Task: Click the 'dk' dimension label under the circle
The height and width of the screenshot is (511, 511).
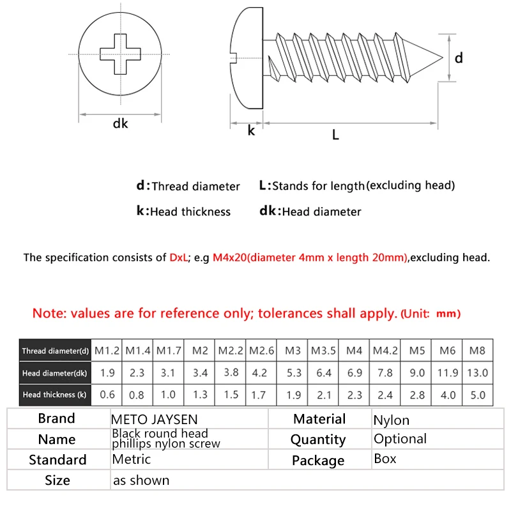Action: [121, 124]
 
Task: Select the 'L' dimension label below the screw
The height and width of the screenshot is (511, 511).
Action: [335, 134]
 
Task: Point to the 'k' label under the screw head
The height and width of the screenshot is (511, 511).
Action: [251, 130]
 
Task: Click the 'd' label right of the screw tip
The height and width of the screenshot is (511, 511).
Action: [459, 57]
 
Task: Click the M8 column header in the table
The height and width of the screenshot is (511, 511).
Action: [477, 350]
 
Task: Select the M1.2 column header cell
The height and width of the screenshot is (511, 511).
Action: [107, 350]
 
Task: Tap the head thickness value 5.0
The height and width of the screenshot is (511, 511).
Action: [477, 395]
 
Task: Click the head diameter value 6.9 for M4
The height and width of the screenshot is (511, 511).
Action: [355, 372]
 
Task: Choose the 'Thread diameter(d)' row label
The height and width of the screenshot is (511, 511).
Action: [56, 351]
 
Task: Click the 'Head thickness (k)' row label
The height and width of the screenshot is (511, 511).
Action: [54, 395]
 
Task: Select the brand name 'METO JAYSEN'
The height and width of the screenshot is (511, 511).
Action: [155, 420]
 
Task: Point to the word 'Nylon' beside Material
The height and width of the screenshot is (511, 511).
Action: [391, 420]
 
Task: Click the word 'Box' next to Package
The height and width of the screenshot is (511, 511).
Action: [385, 459]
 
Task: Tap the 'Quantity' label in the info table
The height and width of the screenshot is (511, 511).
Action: [317, 439]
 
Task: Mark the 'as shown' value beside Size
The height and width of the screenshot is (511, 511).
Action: [141, 480]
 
